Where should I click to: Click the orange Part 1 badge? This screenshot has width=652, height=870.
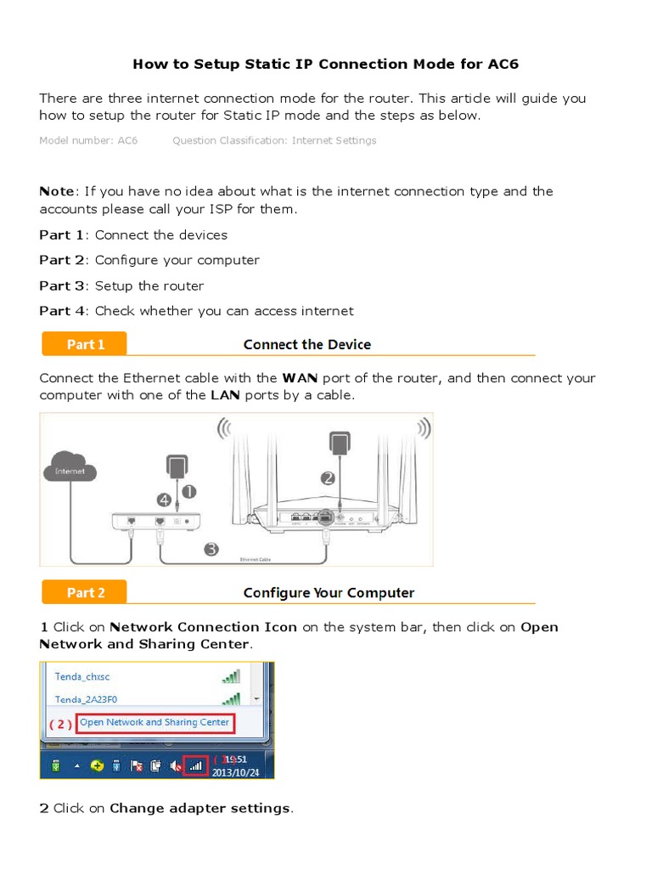(x=85, y=344)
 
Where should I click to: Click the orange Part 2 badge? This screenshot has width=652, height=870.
(x=85, y=592)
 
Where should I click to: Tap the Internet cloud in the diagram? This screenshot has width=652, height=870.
(x=71, y=471)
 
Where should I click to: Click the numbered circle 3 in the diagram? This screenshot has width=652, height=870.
(x=211, y=550)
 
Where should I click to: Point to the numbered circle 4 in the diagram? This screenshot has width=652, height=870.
(x=164, y=500)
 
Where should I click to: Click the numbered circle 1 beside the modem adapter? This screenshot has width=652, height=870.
(x=187, y=491)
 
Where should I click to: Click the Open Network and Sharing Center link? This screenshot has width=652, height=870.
(x=154, y=722)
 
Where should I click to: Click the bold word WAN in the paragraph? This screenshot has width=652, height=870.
(x=299, y=378)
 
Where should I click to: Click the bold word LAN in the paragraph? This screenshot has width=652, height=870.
(x=225, y=395)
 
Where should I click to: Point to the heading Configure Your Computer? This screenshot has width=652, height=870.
(x=329, y=592)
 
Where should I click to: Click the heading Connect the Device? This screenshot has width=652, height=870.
(x=306, y=344)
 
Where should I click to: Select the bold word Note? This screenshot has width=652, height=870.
(x=57, y=191)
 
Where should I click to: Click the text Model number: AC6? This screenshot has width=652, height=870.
(x=88, y=140)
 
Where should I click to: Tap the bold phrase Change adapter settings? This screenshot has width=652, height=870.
(x=200, y=808)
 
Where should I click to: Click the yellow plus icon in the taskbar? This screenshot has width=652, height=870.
(x=97, y=765)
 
